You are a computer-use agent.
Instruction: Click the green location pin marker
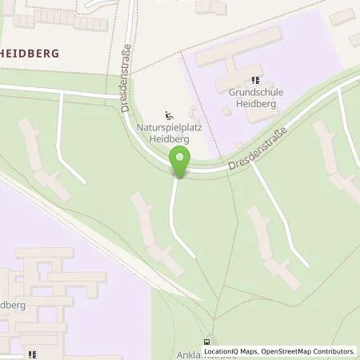click(180, 163)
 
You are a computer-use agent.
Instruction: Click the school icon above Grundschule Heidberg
click(256, 80)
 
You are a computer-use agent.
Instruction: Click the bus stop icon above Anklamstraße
click(210, 339)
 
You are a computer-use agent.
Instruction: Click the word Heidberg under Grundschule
click(256, 103)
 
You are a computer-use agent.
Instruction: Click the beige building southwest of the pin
click(152, 232)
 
